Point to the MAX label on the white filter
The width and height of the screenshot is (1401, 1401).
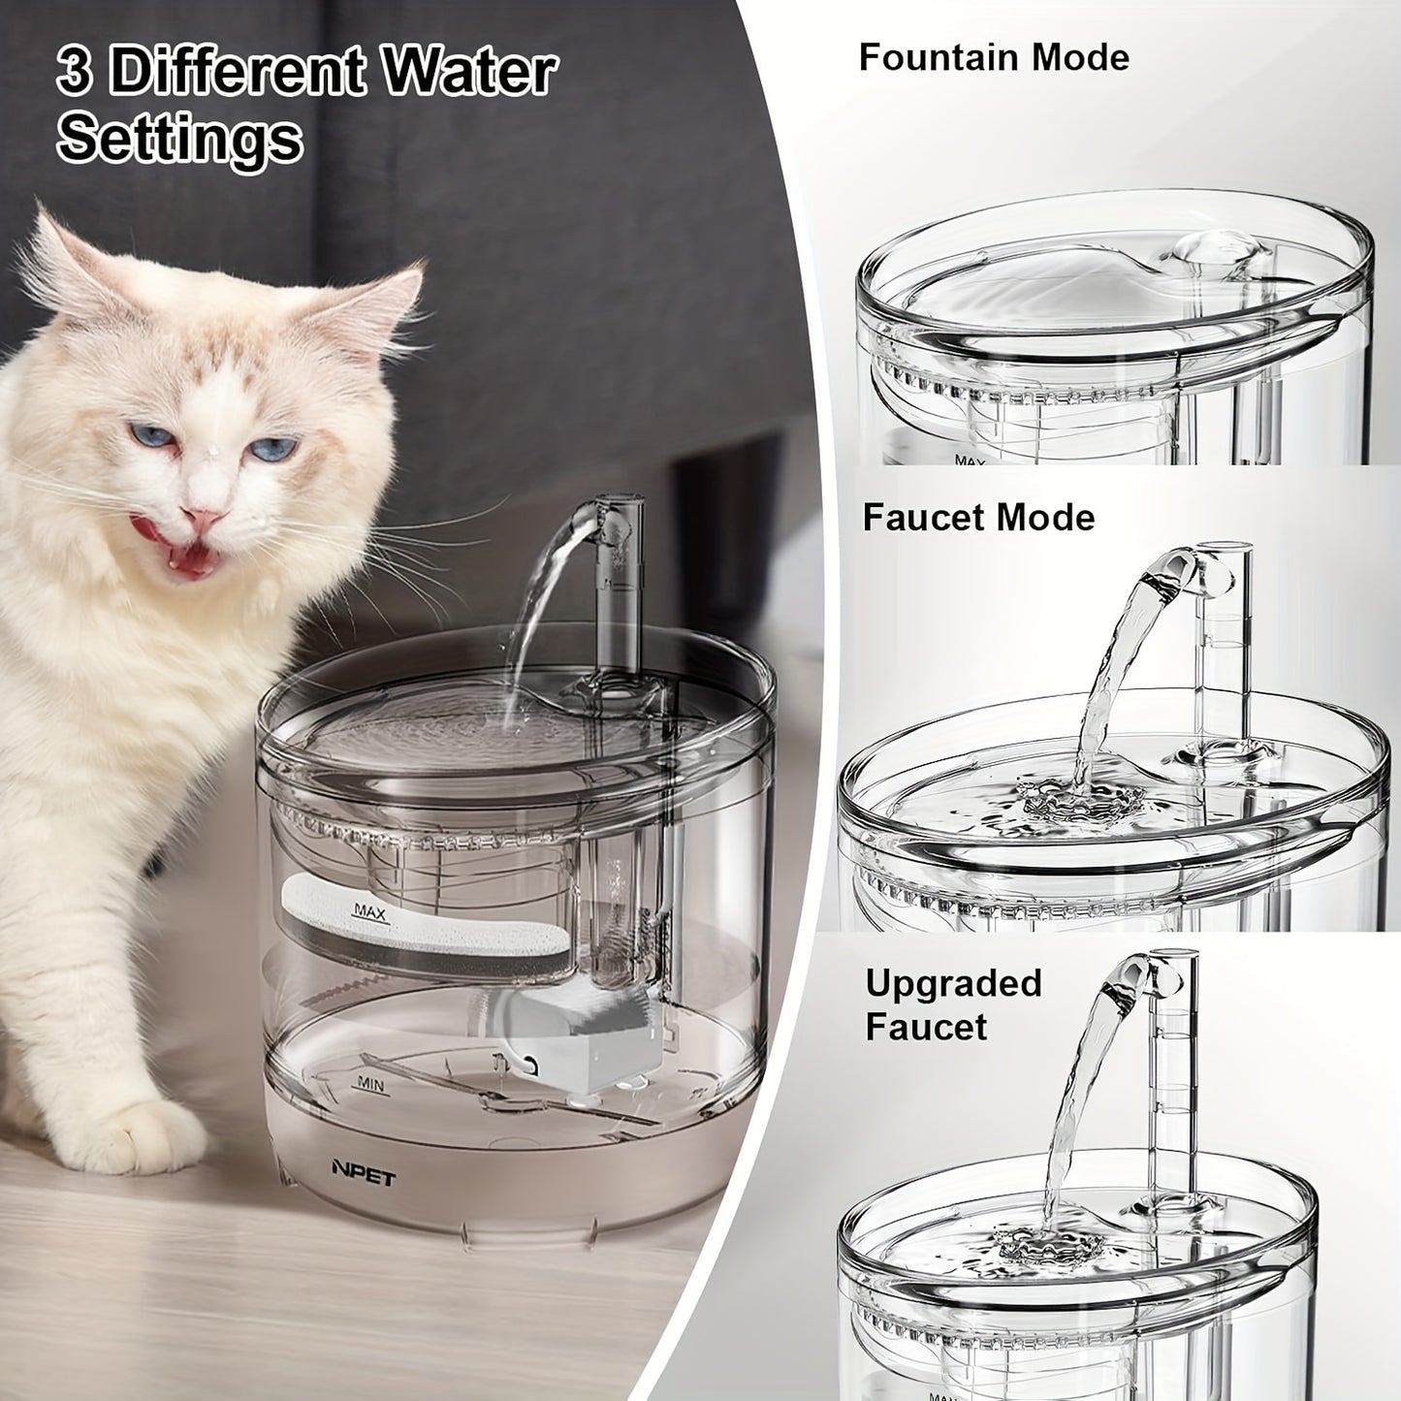tap(371, 911)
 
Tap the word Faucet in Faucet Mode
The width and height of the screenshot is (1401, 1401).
tap(924, 517)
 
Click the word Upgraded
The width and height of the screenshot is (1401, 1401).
tap(953, 983)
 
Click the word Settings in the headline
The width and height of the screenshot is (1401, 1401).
tap(179, 139)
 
